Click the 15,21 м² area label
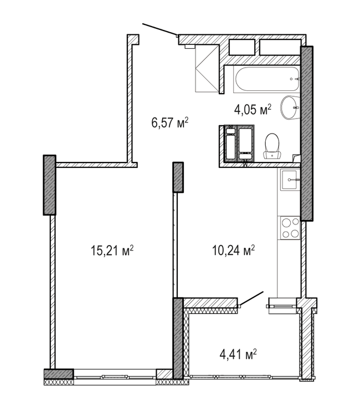112,251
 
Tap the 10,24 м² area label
233,251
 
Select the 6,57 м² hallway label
169,123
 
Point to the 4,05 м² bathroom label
253,110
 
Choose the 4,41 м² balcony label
238,354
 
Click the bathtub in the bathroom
267,79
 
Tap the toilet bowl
272,146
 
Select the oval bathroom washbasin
290,108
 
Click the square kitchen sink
289,180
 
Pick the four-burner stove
290,228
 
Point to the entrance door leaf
160,29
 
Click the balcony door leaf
251,298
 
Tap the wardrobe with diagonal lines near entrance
207,68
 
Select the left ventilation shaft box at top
241,47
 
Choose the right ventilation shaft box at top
280,47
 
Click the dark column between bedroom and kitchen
178,177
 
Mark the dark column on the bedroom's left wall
49,185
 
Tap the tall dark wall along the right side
307,134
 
